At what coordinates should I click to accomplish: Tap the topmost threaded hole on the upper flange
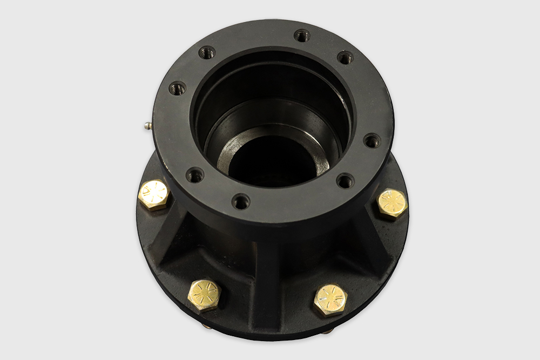tap(302, 36)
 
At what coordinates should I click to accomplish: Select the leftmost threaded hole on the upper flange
tap(177, 88)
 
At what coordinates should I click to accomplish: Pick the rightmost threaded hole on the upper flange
tap(372, 141)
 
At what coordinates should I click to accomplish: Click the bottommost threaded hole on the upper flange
tap(241, 202)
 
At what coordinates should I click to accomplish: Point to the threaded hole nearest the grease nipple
tap(177, 88)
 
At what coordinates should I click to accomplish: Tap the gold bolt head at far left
tap(154, 195)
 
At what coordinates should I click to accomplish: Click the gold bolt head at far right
tap(391, 203)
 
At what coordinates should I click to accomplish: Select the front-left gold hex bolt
tap(205, 295)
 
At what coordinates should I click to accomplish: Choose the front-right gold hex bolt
tap(330, 300)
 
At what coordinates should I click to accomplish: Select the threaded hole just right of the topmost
tap(345, 57)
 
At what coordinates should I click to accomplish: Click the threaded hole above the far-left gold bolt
tap(195, 174)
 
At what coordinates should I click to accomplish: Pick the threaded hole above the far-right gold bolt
tap(345, 180)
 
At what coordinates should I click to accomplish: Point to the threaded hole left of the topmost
tap(207, 52)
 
